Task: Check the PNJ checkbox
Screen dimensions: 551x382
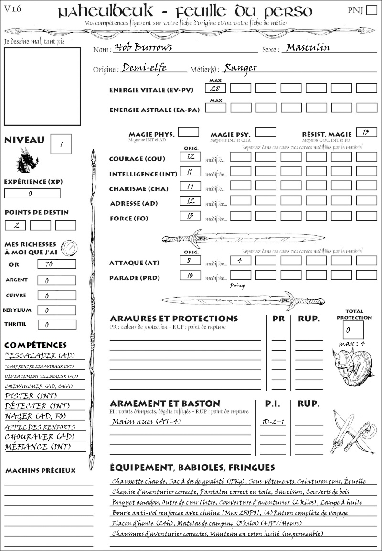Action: (x=371, y=11)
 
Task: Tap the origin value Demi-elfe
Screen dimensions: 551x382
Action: (x=144, y=68)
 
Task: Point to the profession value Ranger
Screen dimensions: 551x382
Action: (x=240, y=68)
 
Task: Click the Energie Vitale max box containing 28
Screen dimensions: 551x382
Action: (x=216, y=88)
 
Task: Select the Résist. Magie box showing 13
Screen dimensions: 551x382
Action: (x=367, y=132)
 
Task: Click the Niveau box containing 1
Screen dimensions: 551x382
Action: (x=62, y=143)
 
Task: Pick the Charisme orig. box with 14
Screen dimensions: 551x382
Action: (x=190, y=187)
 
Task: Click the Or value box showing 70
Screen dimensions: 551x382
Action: (x=56, y=264)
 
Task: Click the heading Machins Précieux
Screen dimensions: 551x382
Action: (x=41, y=471)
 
